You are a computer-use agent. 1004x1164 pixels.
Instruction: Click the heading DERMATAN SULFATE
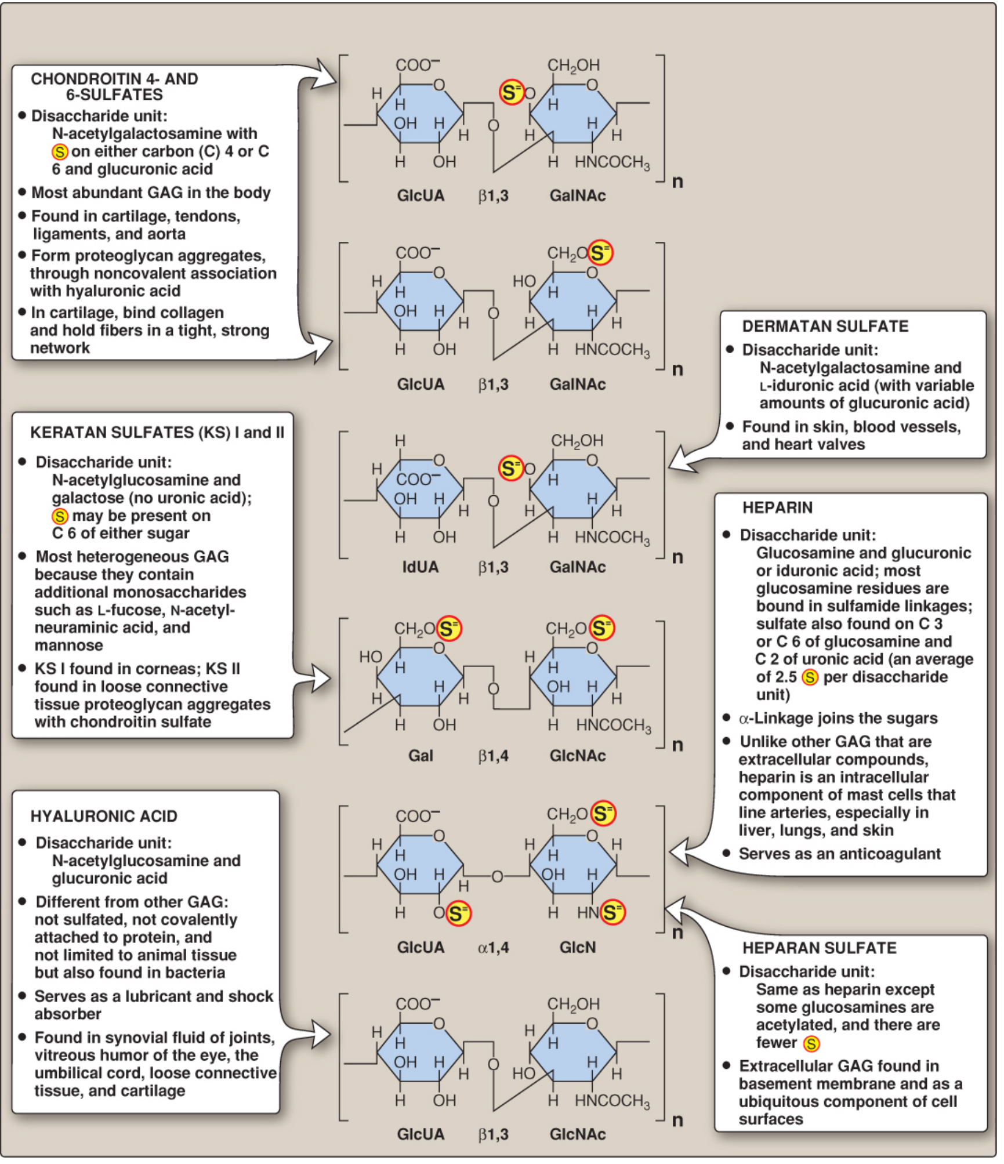[x=825, y=327]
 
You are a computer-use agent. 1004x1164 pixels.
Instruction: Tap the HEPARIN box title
[x=777, y=507]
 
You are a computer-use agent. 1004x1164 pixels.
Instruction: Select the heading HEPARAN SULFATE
[x=819, y=948]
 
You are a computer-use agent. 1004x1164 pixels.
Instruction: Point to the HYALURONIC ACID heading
[x=104, y=816]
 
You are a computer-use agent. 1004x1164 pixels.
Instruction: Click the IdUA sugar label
[x=420, y=567]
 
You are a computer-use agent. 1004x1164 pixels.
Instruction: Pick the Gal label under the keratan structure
[x=420, y=756]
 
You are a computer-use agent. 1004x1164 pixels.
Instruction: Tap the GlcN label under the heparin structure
[x=577, y=947]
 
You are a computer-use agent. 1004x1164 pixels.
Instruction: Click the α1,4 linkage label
[x=493, y=948]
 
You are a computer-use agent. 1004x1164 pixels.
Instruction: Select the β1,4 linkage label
[x=493, y=756]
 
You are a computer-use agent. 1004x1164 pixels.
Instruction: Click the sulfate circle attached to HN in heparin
[x=612, y=912]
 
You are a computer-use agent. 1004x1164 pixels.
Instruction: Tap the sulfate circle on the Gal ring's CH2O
[x=449, y=629]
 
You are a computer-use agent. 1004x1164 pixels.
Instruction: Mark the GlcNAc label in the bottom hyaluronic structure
[x=577, y=1134]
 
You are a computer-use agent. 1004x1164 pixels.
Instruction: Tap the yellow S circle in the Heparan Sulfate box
[x=811, y=1044]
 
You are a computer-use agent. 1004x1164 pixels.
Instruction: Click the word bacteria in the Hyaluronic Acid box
[x=193, y=973]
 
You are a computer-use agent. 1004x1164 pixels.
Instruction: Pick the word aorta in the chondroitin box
[x=166, y=234]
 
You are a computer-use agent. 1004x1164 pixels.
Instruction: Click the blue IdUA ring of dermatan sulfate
[x=420, y=488]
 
